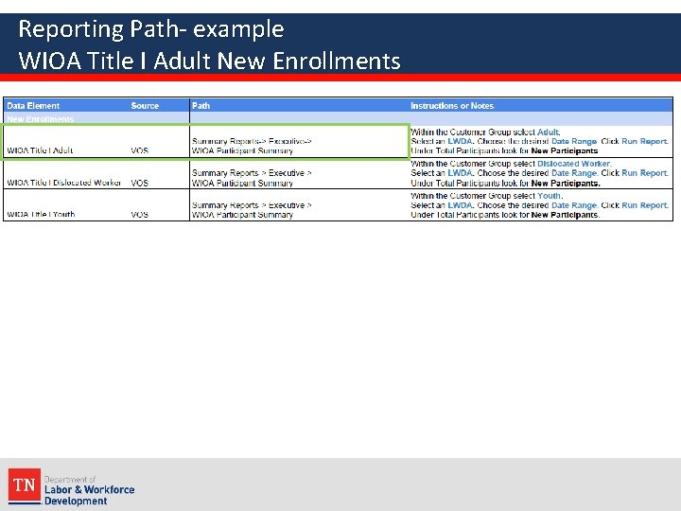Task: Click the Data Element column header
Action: click(33, 106)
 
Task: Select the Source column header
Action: click(145, 106)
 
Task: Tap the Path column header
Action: click(201, 106)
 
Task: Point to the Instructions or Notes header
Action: click(451, 106)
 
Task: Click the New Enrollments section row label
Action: click(41, 119)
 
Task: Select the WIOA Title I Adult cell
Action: click(40, 150)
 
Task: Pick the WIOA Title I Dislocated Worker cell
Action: click(63, 183)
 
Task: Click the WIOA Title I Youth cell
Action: click(41, 215)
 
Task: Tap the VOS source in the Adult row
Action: click(139, 150)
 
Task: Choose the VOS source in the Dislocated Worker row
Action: click(139, 183)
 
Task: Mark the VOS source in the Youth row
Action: click(139, 215)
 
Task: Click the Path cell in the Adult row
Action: click(252, 146)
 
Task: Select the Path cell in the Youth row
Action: click(252, 210)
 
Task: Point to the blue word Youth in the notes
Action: click(550, 196)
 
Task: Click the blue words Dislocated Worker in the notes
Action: click(574, 164)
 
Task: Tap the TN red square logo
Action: click(24, 485)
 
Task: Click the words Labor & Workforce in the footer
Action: click(89, 490)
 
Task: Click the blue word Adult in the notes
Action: click(549, 132)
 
